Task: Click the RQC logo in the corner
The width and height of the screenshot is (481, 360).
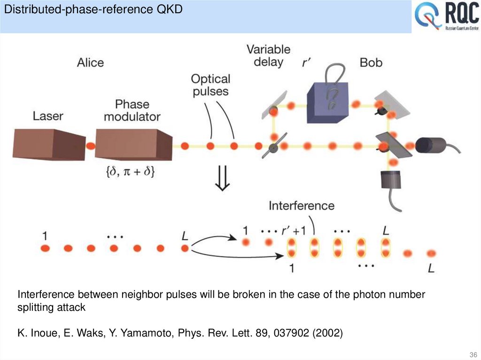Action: tap(446, 17)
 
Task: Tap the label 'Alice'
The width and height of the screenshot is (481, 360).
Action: tap(90, 62)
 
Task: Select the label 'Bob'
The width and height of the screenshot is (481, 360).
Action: tap(371, 62)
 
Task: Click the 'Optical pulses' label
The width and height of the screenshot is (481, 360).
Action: tap(210, 85)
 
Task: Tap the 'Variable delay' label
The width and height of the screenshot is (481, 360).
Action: tap(269, 55)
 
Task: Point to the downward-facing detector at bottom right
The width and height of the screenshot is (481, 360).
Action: tap(391, 179)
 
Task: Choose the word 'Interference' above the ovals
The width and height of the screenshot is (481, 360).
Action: tap(302, 206)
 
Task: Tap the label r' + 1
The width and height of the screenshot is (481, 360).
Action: tap(294, 230)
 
